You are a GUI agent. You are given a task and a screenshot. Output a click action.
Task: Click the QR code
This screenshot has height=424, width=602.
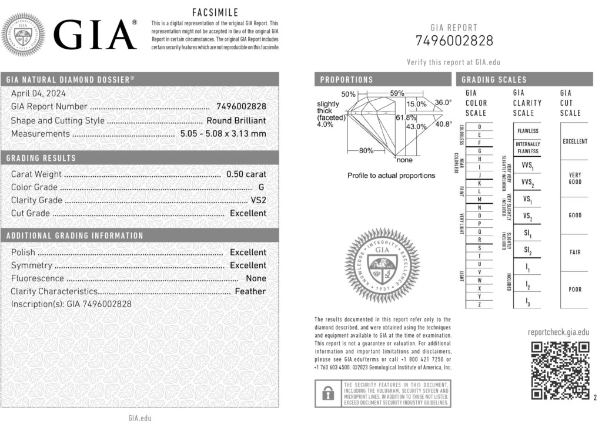[x=560, y=371]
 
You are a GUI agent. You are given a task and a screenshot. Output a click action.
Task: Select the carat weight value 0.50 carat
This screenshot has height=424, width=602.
[x=246, y=174]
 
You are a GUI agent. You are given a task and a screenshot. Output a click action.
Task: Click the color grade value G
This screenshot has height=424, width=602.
[x=261, y=187]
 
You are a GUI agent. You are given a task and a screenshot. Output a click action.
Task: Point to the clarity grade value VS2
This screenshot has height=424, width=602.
[x=258, y=200]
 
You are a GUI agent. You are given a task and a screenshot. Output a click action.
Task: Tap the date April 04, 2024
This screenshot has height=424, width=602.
[x=39, y=93]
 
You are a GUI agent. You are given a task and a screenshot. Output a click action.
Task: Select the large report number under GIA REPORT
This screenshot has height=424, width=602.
[x=454, y=41]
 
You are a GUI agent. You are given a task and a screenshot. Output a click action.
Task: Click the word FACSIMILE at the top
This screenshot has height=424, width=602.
[x=215, y=12]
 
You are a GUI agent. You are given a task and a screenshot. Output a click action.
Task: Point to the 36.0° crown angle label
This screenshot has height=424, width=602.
[x=443, y=103]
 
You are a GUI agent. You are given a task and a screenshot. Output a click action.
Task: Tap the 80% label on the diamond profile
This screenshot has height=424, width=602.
[x=366, y=151]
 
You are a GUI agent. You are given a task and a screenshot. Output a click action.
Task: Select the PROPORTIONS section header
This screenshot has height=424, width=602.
[x=347, y=80]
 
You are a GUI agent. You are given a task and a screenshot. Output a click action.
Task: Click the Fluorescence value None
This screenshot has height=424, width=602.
[x=256, y=278]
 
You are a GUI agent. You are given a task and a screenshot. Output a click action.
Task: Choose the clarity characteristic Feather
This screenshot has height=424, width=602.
[x=250, y=291]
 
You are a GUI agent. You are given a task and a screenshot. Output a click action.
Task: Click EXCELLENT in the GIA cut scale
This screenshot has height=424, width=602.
[x=574, y=142]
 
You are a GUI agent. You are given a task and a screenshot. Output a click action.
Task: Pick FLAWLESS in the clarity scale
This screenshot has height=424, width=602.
[x=527, y=131]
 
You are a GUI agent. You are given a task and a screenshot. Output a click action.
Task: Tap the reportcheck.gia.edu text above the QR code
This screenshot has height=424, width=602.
[x=558, y=332]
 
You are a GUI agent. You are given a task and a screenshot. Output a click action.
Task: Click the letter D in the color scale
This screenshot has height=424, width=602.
[x=480, y=127]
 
